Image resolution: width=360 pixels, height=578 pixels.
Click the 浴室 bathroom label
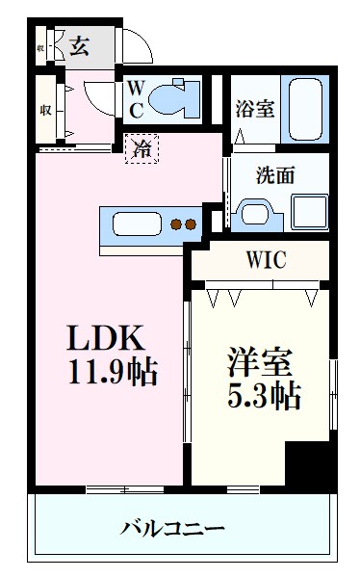[x=255, y=109]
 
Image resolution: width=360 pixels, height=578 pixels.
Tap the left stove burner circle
[x=176, y=225]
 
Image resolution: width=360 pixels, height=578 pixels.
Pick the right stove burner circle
[x=191, y=225]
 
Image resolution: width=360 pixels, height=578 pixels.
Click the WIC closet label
[x=265, y=260]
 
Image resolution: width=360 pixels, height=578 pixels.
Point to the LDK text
[x=105, y=338]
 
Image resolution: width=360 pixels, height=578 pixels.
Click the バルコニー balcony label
[x=173, y=528]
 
